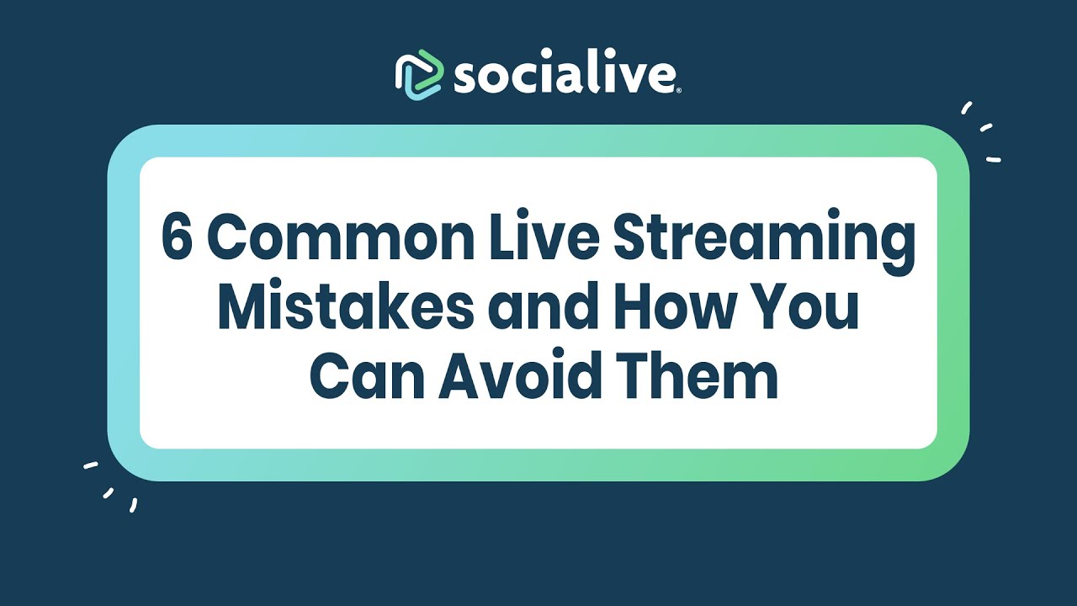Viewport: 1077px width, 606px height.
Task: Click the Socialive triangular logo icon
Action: (419, 75)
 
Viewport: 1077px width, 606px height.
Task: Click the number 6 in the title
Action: (177, 239)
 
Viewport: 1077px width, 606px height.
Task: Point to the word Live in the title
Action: (553, 239)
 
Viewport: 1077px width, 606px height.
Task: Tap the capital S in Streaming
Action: (630, 239)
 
